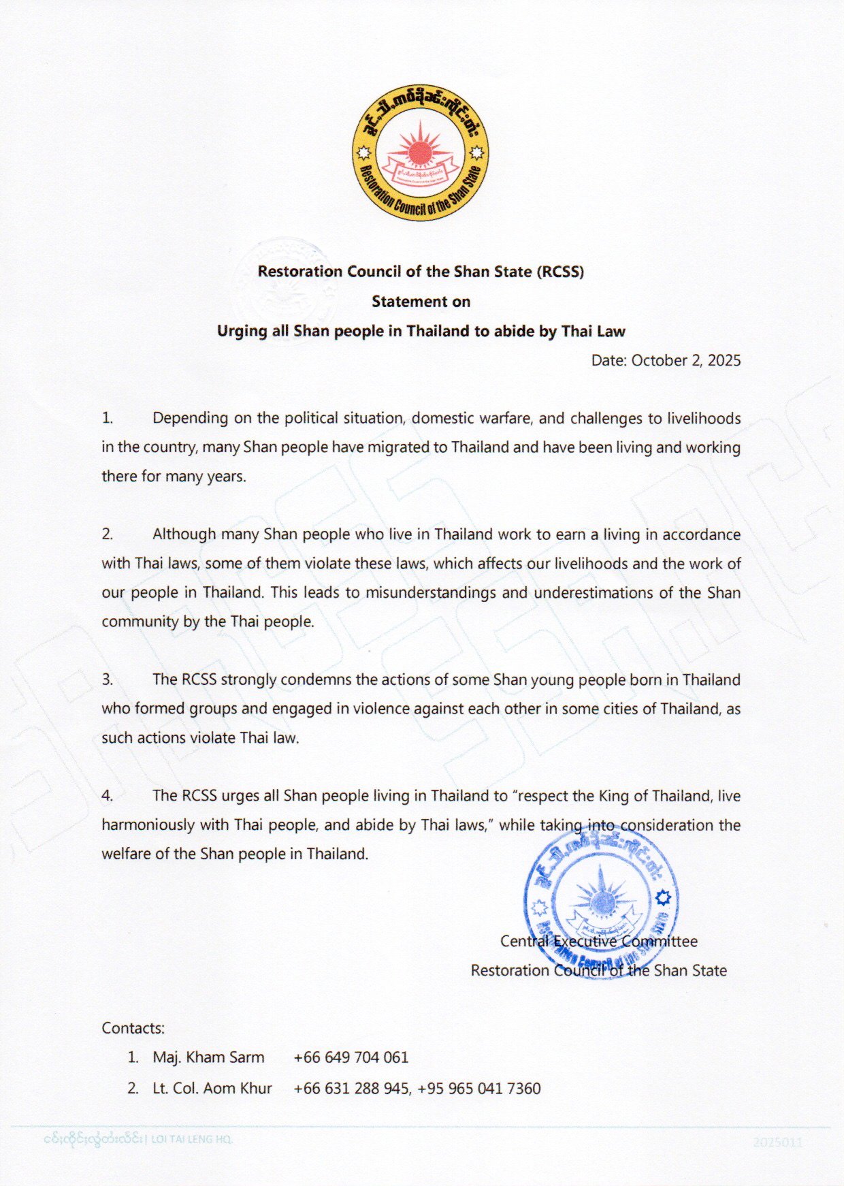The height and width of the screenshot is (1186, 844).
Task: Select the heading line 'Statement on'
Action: [421, 302]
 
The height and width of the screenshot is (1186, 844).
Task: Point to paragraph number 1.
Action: [107, 418]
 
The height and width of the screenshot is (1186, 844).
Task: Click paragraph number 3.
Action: [107, 679]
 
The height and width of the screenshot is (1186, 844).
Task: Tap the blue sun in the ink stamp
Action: [602, 902]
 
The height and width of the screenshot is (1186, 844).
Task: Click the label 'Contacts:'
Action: [133, 1028]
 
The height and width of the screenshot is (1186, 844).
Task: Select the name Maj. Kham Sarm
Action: [208, 1057]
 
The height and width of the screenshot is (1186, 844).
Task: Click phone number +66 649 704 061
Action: [351, 1057]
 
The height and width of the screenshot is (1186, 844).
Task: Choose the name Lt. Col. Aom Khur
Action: [212, 1088]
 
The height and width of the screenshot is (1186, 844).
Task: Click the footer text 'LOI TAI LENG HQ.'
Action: [191, 1139]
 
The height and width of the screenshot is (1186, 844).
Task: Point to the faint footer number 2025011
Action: [777, 1142]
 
